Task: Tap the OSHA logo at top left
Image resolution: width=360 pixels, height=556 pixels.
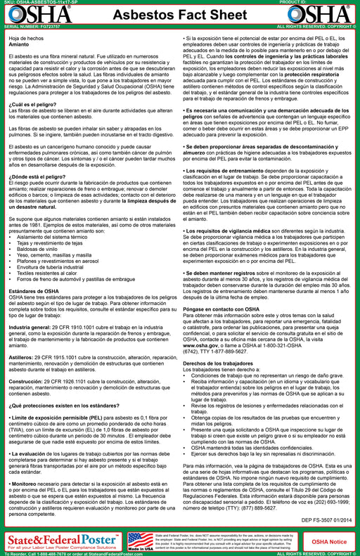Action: pos(27,15)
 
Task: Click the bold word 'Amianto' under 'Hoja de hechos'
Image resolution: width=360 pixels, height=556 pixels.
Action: pos(20,44)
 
